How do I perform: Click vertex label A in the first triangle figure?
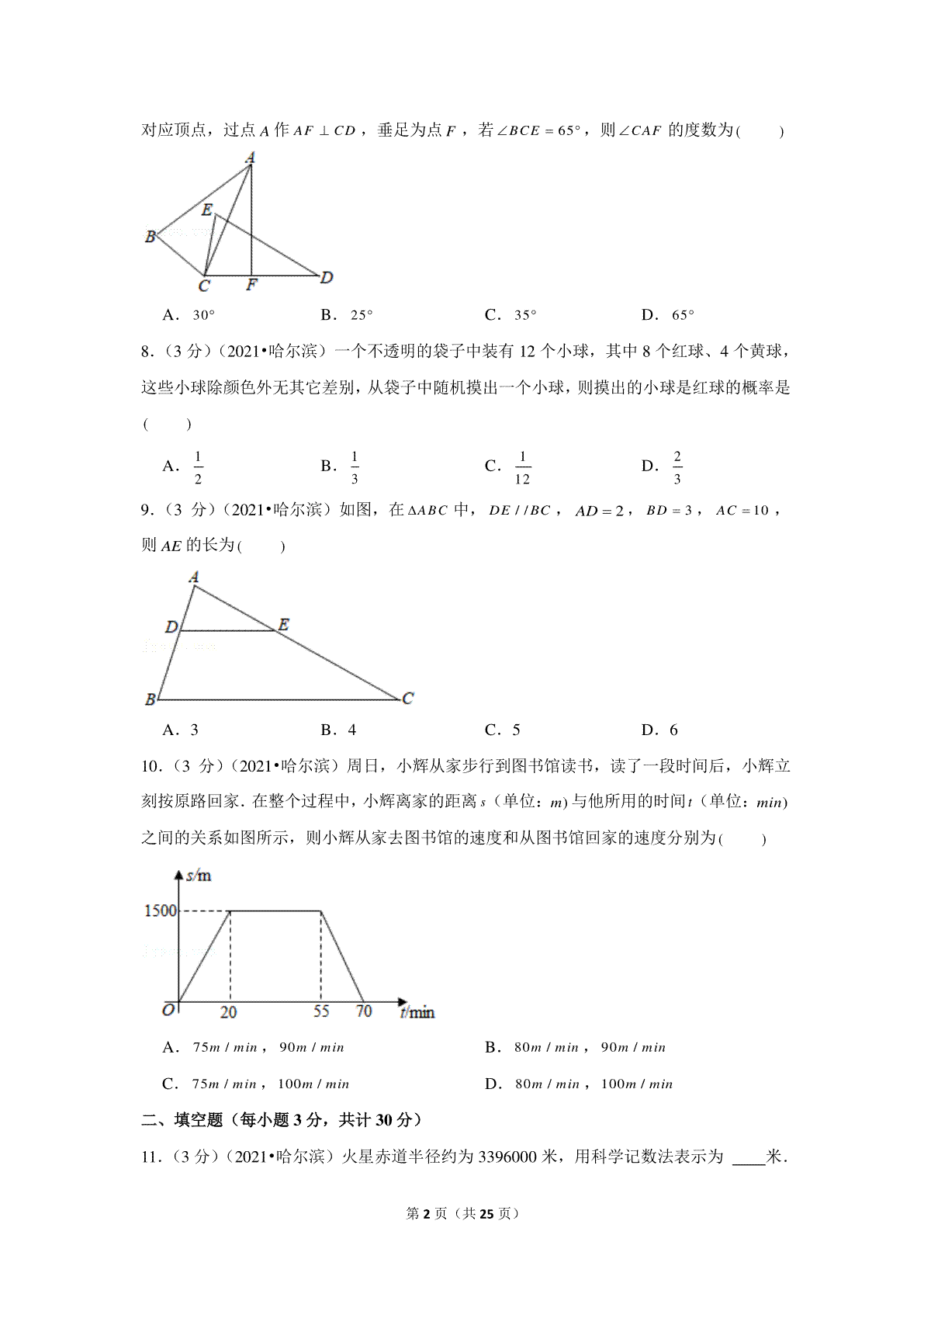point(250,158)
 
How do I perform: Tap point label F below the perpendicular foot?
point(251,285)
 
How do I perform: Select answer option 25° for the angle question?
point(362,315)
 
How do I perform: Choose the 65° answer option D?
point(683,315)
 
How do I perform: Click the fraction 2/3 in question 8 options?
point(677,467)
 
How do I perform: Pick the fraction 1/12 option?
point(522,467)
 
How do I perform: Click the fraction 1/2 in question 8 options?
point(198,467)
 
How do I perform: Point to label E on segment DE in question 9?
point(284,624)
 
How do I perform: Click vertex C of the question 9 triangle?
point(408,699)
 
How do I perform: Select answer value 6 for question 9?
point(673,730)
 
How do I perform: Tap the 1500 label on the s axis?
point(161,910)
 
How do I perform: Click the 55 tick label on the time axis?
point(321,1011)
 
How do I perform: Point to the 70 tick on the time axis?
point(364,1011)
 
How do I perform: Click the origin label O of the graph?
point(168,1010)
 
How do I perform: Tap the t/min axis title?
point(417,1012)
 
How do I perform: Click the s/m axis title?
point(199,876)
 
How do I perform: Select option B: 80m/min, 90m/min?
point(590,1048)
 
